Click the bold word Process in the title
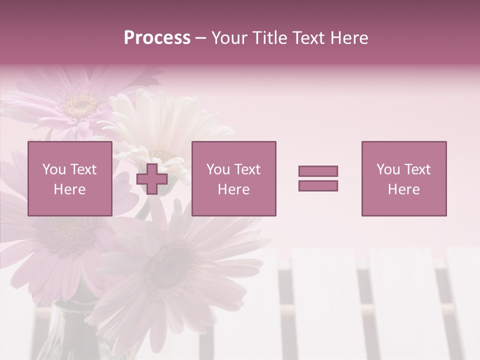(x=157, y=38)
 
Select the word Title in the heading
(x=270, y=38)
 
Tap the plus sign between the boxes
(x=152, y=179)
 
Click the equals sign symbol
(x=318, y=178)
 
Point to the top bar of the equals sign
(x=318, y=171)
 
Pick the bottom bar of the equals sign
(x=318, y=185)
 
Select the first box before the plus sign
(x=70, y=178)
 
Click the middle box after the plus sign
(x=233, y=178)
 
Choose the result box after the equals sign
(x=403, y=178)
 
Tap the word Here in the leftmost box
(x=69, y=189)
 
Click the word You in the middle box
(x=217, y=169)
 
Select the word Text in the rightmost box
(x=418, y=169)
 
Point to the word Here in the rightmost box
(x=403, y=189)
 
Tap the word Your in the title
(x=230, y=38)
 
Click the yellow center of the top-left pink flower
(x=80, y=105)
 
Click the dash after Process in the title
(x=200, y=38)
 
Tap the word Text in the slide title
(x=310, y=38)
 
